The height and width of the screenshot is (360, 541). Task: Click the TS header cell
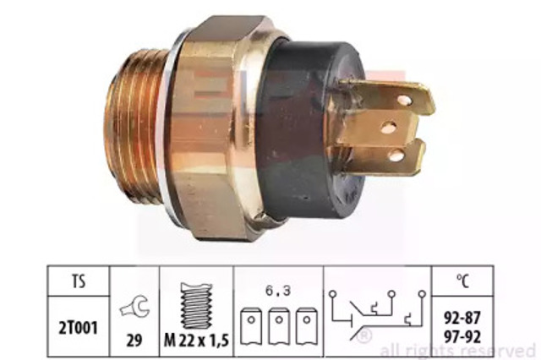79,281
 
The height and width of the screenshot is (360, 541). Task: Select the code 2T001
78,328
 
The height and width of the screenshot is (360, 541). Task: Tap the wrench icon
134,307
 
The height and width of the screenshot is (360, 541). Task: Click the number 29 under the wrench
134,341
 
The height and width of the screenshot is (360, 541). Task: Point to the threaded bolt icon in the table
196,306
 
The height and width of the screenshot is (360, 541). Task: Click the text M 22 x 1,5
196,341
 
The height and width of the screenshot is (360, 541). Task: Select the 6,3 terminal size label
278,291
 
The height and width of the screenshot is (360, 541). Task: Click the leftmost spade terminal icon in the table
251,326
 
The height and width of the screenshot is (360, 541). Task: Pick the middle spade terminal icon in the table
279,326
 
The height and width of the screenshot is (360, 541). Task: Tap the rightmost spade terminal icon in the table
306,326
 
